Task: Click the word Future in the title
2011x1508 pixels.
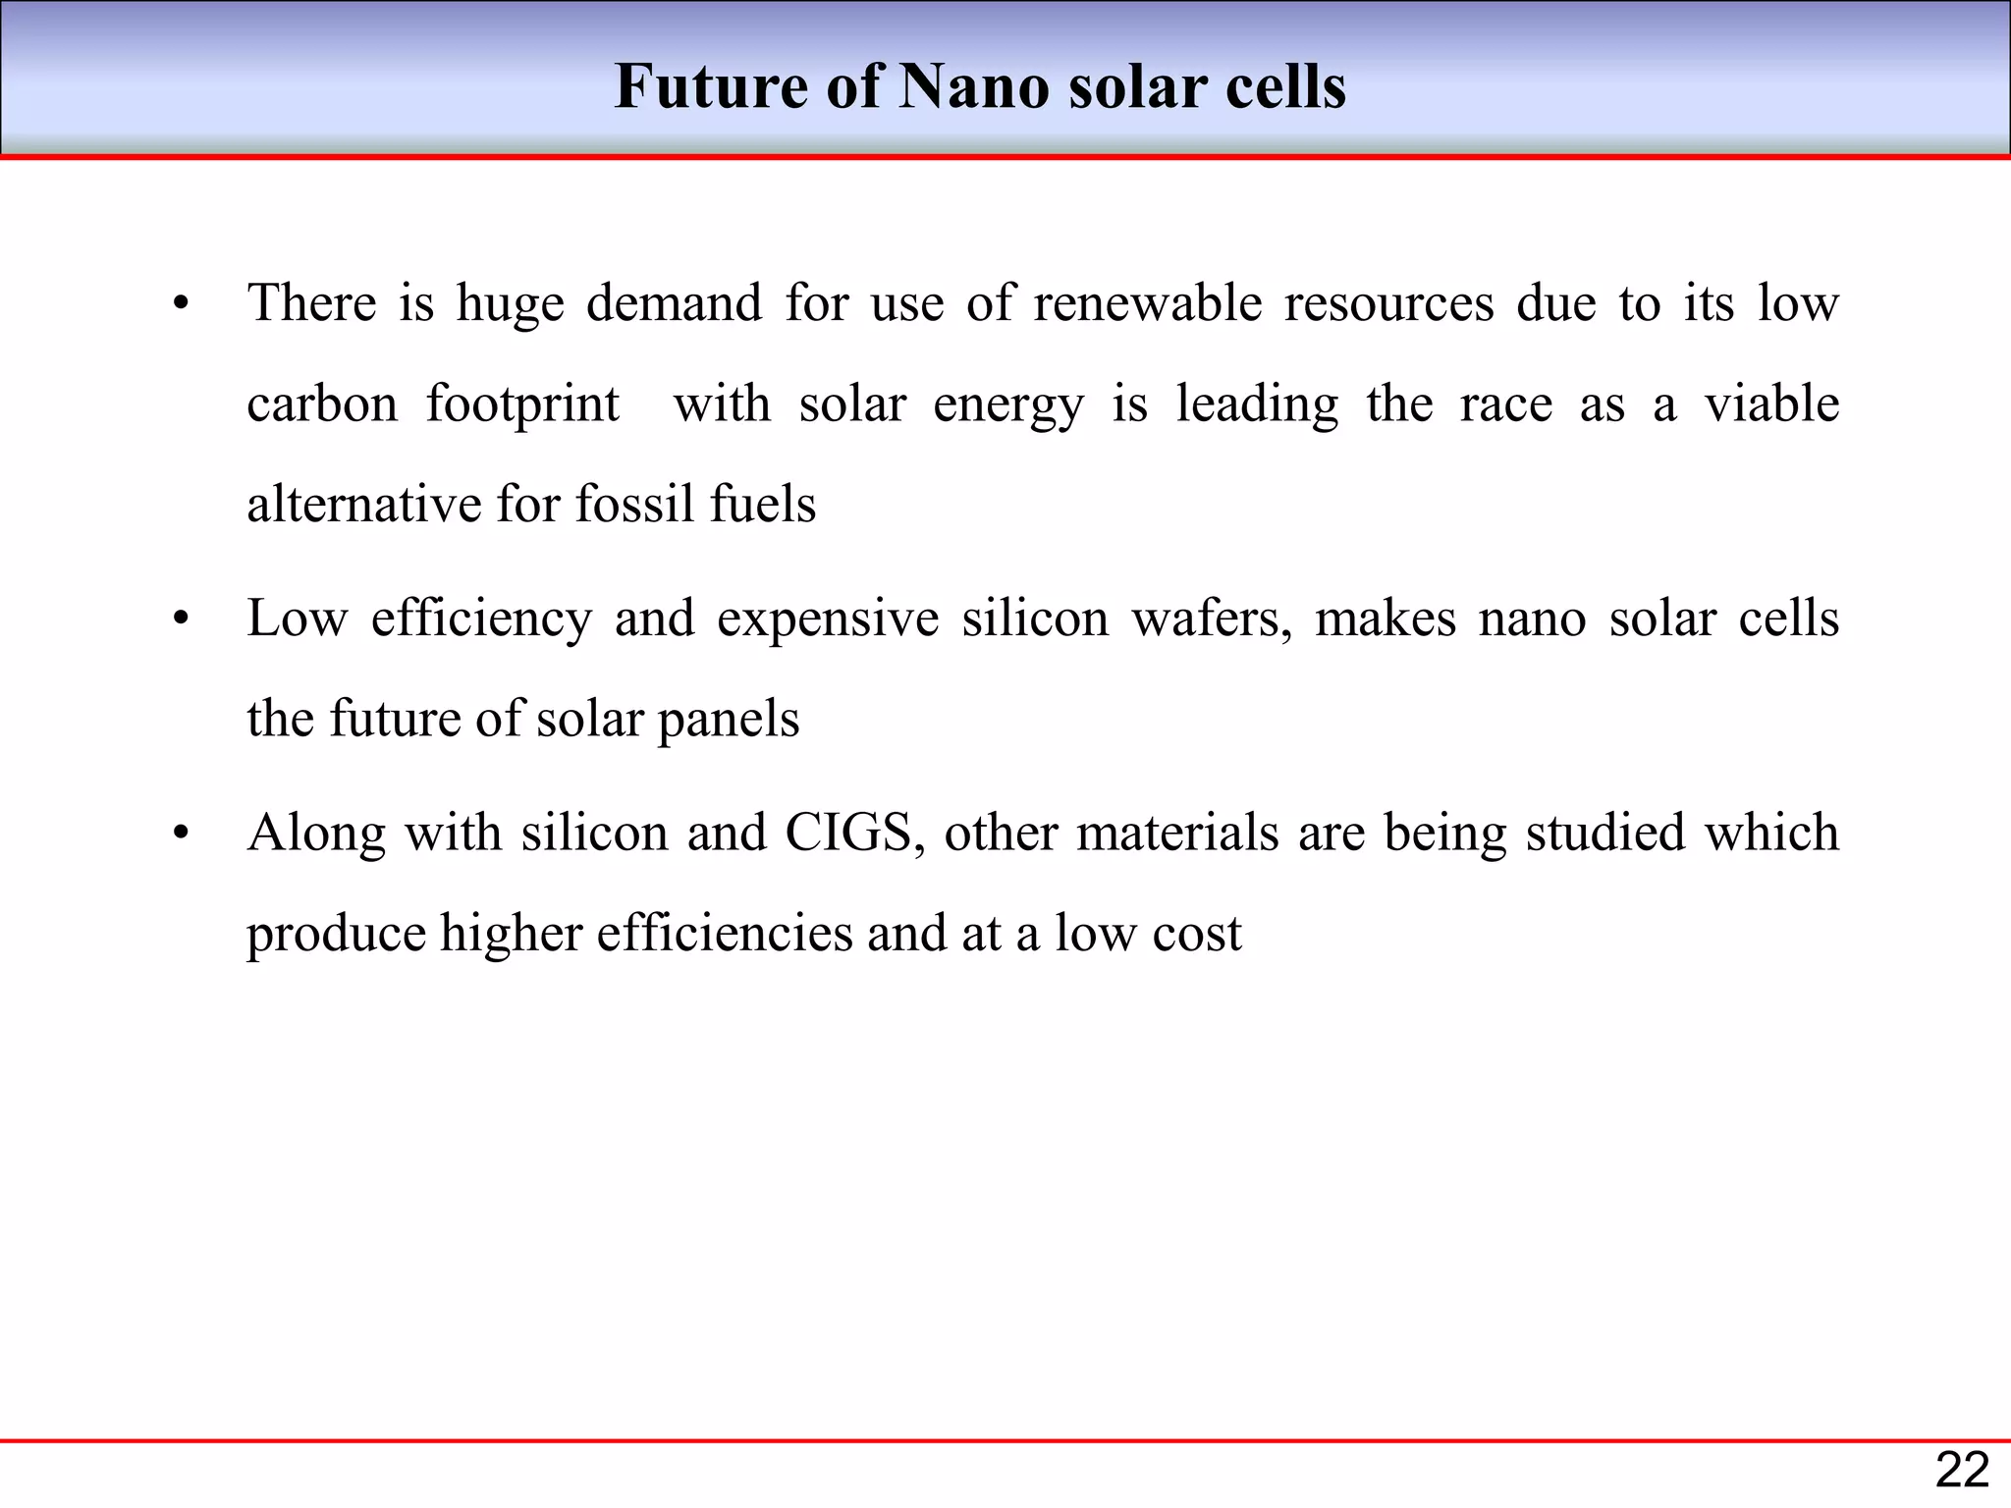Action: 710,86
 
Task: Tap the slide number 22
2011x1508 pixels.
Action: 1962,1471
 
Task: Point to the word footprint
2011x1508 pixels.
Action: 522,404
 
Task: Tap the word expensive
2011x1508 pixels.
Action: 828,619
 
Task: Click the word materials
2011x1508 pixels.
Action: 1177,833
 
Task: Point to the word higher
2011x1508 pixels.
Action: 511,933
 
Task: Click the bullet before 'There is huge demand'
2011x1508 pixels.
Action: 180,304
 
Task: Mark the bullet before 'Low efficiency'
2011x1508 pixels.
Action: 180,620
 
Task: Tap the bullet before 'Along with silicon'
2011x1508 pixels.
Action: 180,835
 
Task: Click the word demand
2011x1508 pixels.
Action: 674,302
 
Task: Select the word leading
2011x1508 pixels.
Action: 1257,404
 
